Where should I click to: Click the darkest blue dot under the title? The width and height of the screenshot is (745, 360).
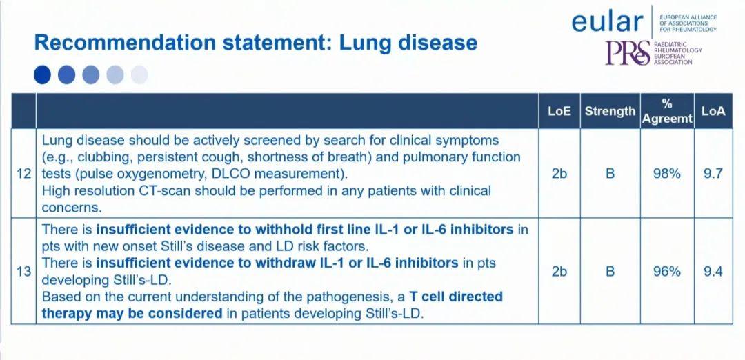point(42,75)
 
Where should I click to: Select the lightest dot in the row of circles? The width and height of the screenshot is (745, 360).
point(139,75)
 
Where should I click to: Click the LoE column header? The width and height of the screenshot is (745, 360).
point(559,112)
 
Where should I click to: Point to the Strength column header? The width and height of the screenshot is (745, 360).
point(610,111)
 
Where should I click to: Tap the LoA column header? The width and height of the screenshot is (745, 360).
point(714,112)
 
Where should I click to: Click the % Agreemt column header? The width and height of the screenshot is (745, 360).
point(667,112)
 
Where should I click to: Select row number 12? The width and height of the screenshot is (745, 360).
point(23,174)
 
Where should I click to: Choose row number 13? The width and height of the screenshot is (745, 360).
point(23,272)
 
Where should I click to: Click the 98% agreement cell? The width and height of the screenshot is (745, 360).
point(667,174)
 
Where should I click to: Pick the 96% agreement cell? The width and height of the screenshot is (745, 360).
point(667,272)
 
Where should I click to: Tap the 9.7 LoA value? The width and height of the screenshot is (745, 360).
point(713,174)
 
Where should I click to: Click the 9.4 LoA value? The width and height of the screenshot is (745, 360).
point(713,272)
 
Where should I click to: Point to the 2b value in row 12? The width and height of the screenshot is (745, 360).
point(559,174)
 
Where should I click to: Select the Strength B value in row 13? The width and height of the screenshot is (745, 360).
point(610,272)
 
